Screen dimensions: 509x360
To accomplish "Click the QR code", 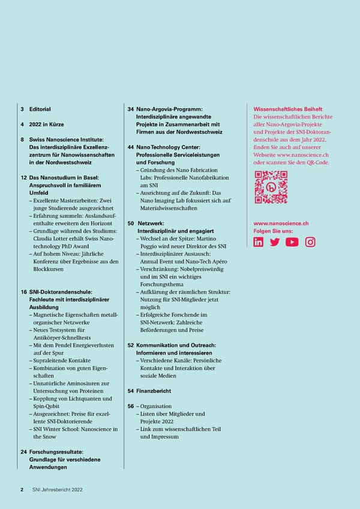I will [271, 187].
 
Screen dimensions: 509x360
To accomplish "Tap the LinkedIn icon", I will [259, 242].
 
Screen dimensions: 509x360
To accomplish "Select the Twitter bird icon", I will [275, 242].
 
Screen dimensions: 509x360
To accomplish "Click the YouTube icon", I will [292, 242].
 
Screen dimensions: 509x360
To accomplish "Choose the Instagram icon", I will [310, 242].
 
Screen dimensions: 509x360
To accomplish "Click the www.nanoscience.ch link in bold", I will [281, 223].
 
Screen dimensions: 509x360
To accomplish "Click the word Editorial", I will [40, 109].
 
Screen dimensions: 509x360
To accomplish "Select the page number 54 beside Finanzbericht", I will [131, 391].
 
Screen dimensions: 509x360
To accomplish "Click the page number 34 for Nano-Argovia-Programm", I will [131, 109].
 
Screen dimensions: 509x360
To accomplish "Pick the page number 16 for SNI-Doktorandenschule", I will [23, 291].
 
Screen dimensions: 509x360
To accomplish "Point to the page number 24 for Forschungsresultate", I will [23, 452].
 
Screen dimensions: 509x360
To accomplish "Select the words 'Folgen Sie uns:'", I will [274, 231].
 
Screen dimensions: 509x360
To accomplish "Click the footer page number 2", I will [22, 489].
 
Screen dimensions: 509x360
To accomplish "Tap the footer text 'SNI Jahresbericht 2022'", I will [58, 489].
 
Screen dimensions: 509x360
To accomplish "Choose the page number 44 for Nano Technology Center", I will [131, 147].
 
